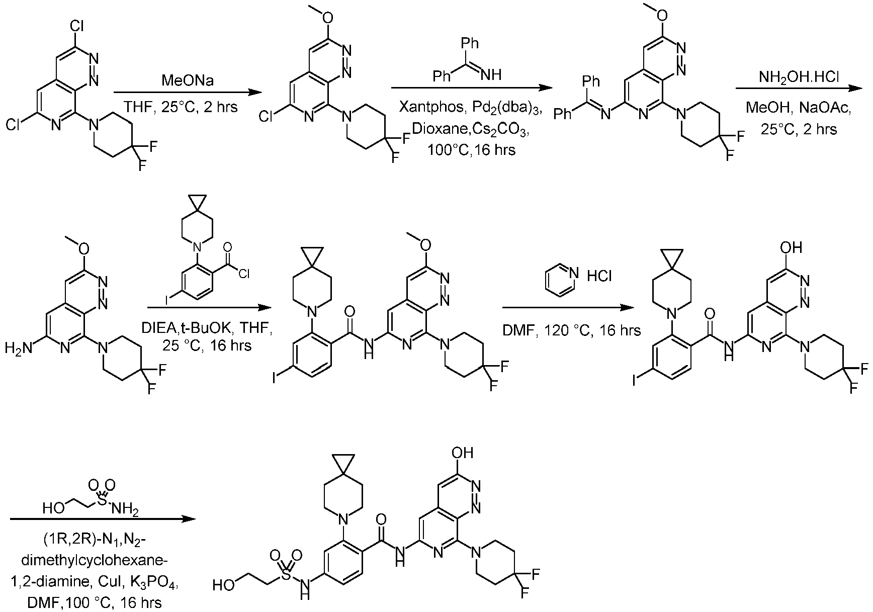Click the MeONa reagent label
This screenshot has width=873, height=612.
[181, 80]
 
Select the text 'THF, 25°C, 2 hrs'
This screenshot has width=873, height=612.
[181, 107]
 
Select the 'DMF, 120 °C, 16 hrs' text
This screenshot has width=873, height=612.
[571, 330]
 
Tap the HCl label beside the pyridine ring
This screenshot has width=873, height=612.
[599, 276]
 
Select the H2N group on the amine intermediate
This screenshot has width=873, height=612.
[17, 346]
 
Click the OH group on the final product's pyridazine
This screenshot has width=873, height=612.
[463, 453]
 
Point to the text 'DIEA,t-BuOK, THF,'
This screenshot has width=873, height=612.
[207, 329]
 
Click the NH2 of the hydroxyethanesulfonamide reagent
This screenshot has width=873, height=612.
[126, 510]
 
